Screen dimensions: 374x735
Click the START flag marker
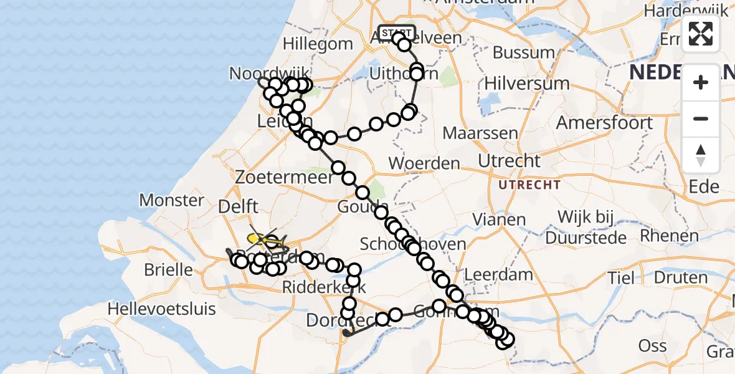click(396, 32)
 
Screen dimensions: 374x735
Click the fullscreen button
click(701, 34)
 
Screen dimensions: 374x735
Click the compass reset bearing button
click(701, 155)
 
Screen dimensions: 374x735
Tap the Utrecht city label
click(510, 161)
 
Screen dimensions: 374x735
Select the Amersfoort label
click(604, 122)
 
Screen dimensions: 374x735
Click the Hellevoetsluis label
click(161, 309)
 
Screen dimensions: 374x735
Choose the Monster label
click(171, 200)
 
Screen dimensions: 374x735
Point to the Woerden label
click(424, 164)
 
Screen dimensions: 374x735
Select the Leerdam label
click(499, 274)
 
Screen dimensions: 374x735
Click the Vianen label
click(499, 219)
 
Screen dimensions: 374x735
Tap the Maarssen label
click(480, 133)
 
